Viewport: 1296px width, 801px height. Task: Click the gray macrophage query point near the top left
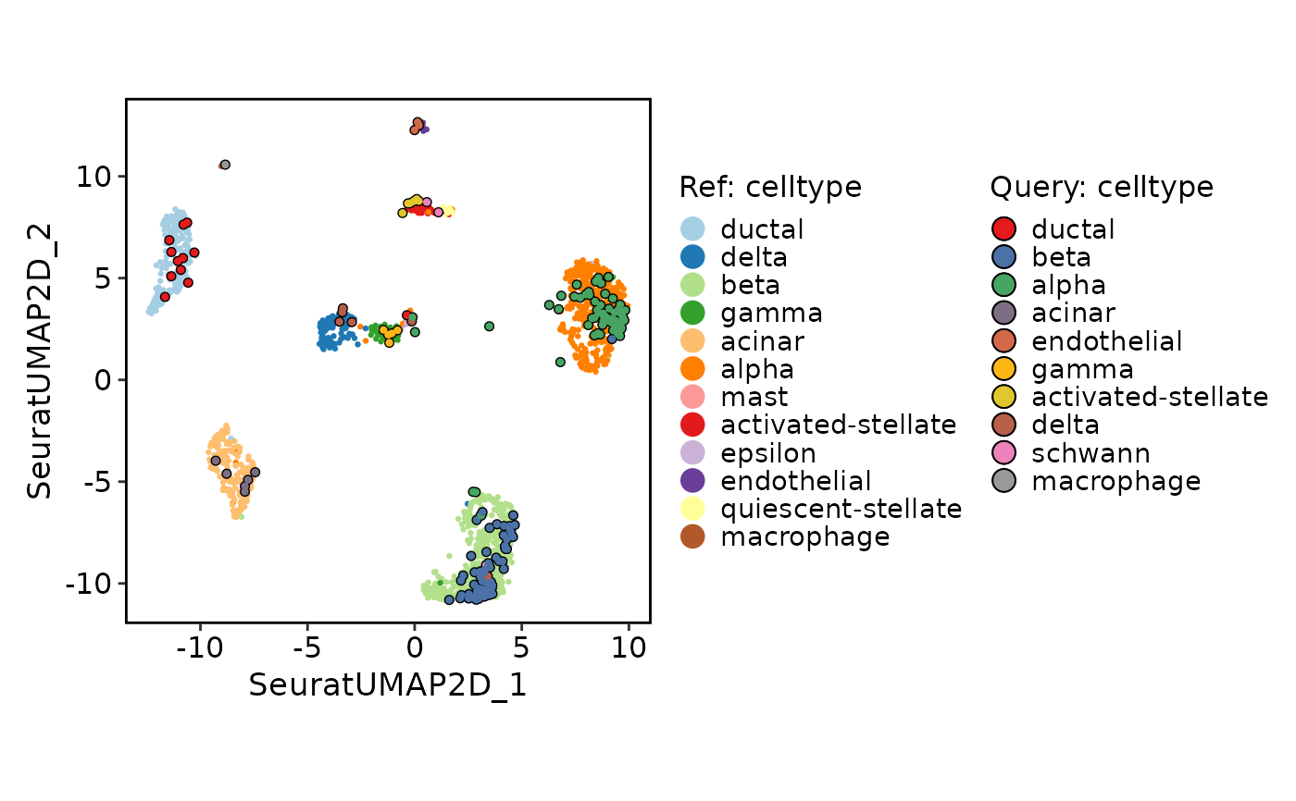[x=226, y=165]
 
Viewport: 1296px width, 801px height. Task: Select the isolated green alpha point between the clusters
[x=489, y=327]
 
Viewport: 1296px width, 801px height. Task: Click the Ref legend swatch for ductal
[x=692, y=228]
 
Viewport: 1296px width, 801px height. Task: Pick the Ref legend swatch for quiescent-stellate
[x=692, y=509]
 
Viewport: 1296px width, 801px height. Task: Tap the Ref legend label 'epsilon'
[x=768, y=453]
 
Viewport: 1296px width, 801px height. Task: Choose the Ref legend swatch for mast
[x=692, y=397]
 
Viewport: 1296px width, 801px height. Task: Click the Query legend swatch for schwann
[x=1003, y=453]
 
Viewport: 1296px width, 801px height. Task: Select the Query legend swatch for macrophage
[x=1003, y=481]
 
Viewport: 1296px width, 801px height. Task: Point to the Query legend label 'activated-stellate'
[x=1150, y=397]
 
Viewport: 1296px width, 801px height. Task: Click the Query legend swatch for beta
[x=1003, y=257]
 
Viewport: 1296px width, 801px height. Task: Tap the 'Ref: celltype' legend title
[x=770, y=187]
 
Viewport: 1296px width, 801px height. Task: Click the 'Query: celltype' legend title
[x=1102, y=187]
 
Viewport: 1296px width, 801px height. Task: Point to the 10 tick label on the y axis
[x=93, y=177]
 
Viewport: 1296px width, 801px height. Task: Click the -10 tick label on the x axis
[x=200, y=647]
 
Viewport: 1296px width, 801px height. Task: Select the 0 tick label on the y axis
[x=103, y=380]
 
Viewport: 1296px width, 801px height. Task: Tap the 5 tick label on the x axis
[x=521, y=647]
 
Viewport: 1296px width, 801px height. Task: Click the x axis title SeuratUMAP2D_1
[x=388, y=686]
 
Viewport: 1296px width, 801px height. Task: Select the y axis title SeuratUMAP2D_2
[x=39, y=362]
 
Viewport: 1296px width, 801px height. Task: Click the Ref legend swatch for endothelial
[x=692, y=481]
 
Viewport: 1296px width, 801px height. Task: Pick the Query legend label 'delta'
[x=1065, y=425]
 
